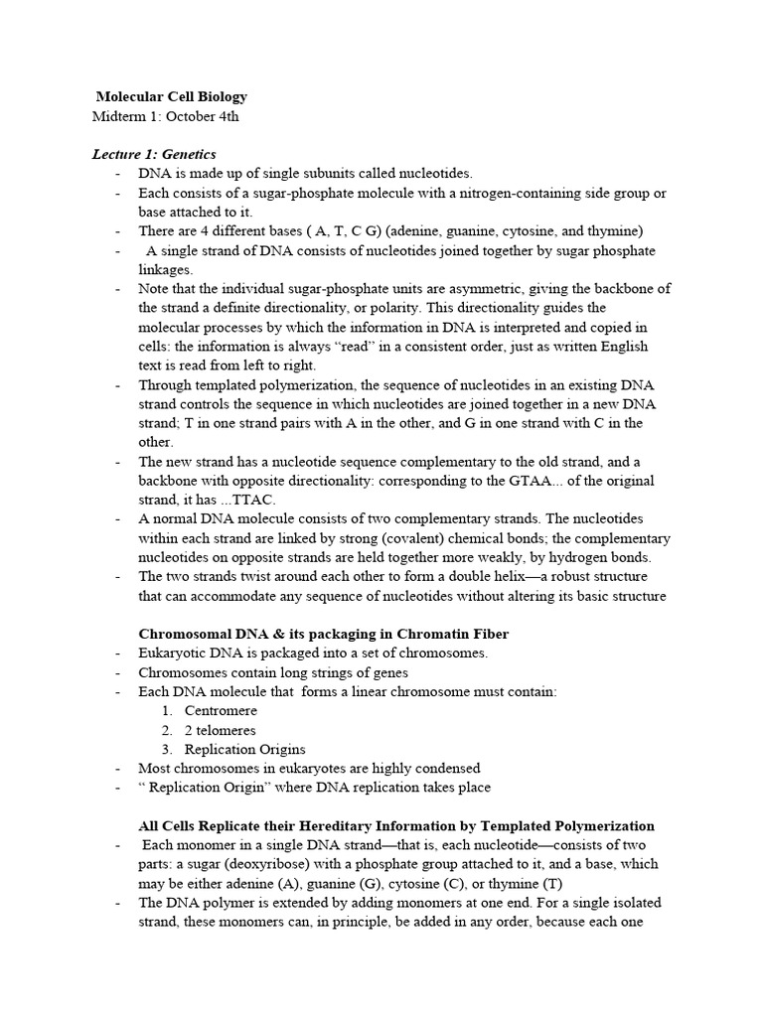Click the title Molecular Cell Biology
pos(171,96)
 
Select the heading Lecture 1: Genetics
pos(154,154)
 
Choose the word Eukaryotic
pos(174,654)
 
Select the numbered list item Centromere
pos(221,711)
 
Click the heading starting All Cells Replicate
pos(395,825)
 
